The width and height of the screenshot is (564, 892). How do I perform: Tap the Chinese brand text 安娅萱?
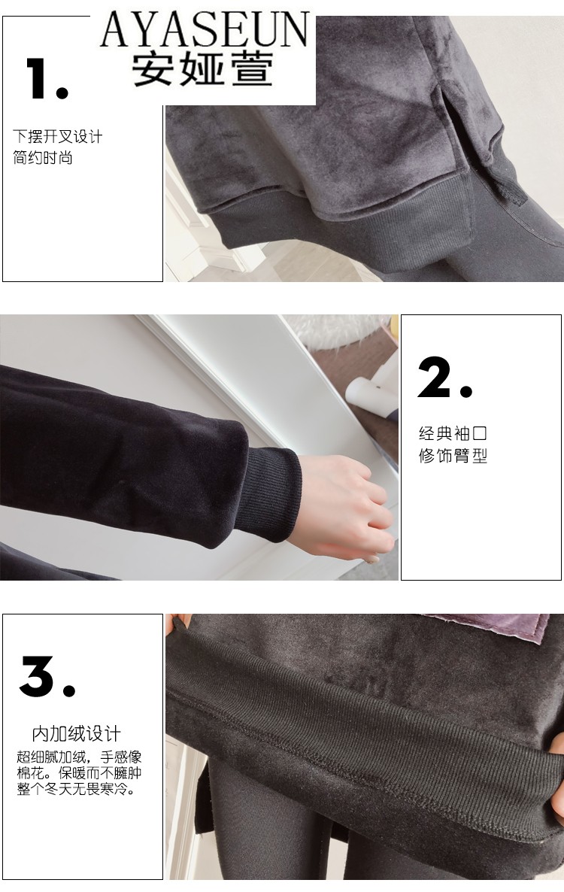point(203,69)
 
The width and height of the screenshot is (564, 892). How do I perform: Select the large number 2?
point(444,378)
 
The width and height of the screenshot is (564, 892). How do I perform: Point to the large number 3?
point(47,676)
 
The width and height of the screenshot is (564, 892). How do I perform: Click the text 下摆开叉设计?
point(57,137)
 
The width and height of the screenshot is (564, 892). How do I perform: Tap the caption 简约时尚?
point(43,158)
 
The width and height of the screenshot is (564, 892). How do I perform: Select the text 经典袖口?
point(453,433)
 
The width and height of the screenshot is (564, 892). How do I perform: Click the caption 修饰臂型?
point(453,456)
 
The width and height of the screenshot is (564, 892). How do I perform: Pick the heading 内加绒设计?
point(76,734)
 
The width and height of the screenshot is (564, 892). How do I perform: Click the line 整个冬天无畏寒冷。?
point(76,789)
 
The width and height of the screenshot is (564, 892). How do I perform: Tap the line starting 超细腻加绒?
point(79,757)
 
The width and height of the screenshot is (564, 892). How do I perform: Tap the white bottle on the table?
point(369,393)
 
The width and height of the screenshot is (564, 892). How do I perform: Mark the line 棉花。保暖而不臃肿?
point(79,773)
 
